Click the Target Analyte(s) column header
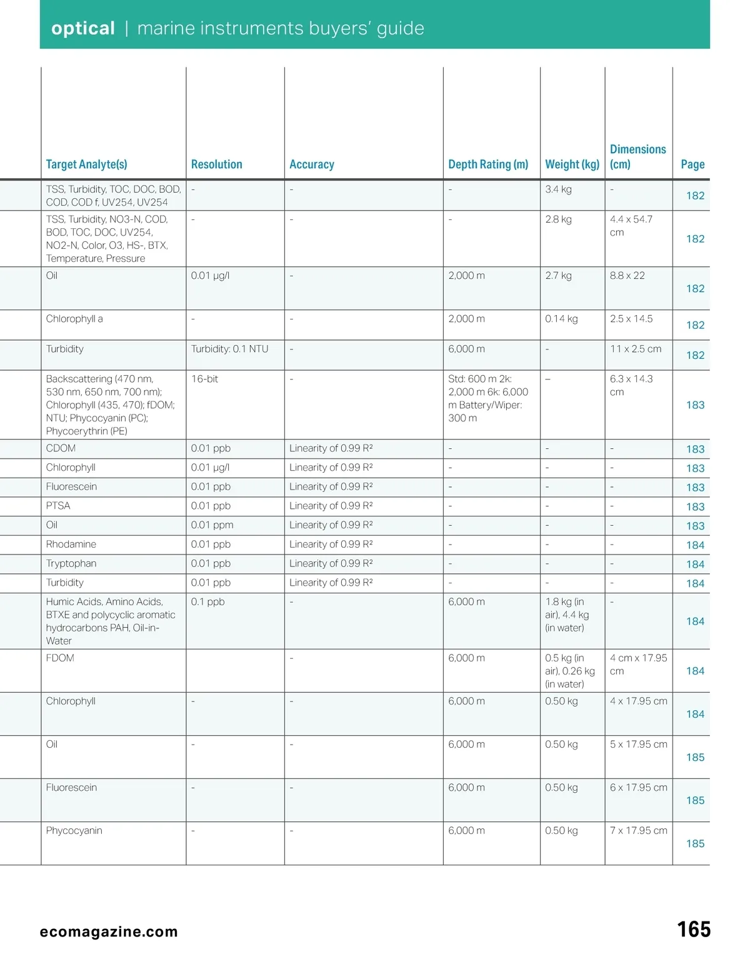(86, 164)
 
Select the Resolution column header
(216, 164)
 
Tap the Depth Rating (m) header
(488, 164)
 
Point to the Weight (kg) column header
(572, 164)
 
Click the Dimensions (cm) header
(637, 157)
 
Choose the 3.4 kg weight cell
(558, 189)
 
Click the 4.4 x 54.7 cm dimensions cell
(631, 226)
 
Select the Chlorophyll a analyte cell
(74, 319)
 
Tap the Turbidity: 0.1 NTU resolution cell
(229, 349)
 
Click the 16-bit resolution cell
(204, 379)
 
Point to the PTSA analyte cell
(58, 506)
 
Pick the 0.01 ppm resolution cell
(212, 525)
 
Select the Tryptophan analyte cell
(71, 563)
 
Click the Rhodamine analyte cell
(71, 545)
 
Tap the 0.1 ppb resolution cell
(207, 602)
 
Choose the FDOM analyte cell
(60, 658)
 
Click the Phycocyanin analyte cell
(74, 831)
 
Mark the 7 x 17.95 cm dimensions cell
(638, 831)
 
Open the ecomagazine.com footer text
(109, 931)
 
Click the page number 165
(694, 930)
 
